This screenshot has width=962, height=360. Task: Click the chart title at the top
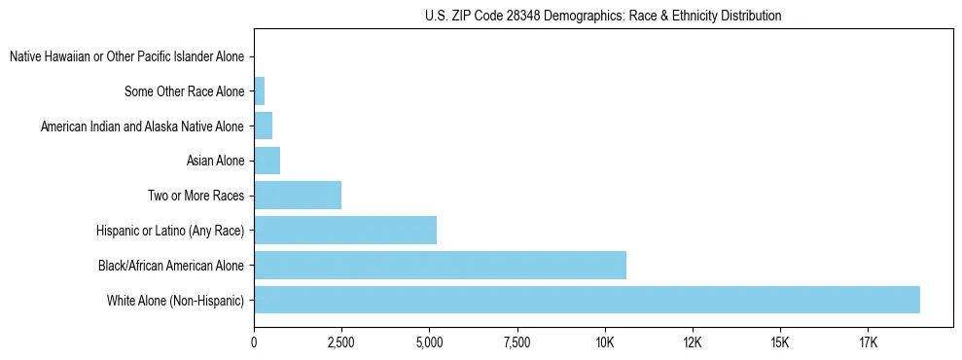(603, 16)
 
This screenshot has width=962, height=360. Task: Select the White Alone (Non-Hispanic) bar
(587, 300)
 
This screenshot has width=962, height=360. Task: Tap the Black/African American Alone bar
(440, 265)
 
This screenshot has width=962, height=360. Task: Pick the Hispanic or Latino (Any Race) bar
(345, 230)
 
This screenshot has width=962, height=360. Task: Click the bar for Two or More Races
(298, 195)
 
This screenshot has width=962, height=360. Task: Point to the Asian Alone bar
(267, 161)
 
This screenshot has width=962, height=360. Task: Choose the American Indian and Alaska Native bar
(263, 126)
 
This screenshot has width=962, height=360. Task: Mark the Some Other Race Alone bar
(259, 91)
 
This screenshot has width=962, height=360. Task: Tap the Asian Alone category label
(215, 161)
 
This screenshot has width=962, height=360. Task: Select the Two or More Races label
(196, 196)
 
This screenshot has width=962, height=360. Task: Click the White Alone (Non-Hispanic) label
(176, 300)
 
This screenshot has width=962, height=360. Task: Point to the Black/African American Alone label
(171, 265)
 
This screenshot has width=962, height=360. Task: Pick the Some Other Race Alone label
(185, 91)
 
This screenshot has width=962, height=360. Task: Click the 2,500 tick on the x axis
(341, 342)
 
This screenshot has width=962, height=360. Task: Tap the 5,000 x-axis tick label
(429, 342)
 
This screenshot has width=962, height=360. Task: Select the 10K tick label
(605, 342)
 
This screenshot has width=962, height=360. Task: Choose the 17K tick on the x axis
(869, 342)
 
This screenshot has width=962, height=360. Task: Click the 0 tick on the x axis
(254, 342)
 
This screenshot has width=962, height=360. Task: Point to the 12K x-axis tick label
(693, 342)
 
